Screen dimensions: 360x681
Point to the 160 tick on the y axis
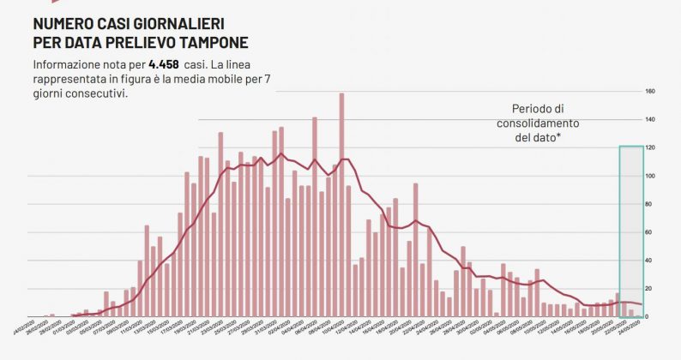(651, 91)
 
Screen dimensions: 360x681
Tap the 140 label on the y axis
(651, 119)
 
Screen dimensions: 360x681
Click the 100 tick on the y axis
(651, 176)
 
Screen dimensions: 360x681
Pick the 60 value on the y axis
(650, 232)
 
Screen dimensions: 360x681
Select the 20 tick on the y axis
(650, 289)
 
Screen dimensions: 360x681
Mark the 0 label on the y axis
(648, 317)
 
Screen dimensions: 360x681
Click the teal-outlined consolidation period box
(630, 231)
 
